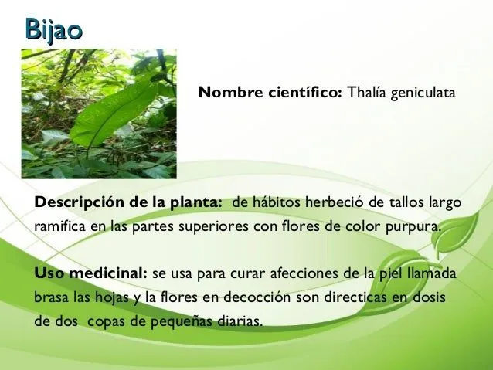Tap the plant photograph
coord(98,114)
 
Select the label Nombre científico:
coord(270,93)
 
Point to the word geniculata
coord(423,93)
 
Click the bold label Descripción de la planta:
coord(128,203)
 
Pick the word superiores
coord(213,227)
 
